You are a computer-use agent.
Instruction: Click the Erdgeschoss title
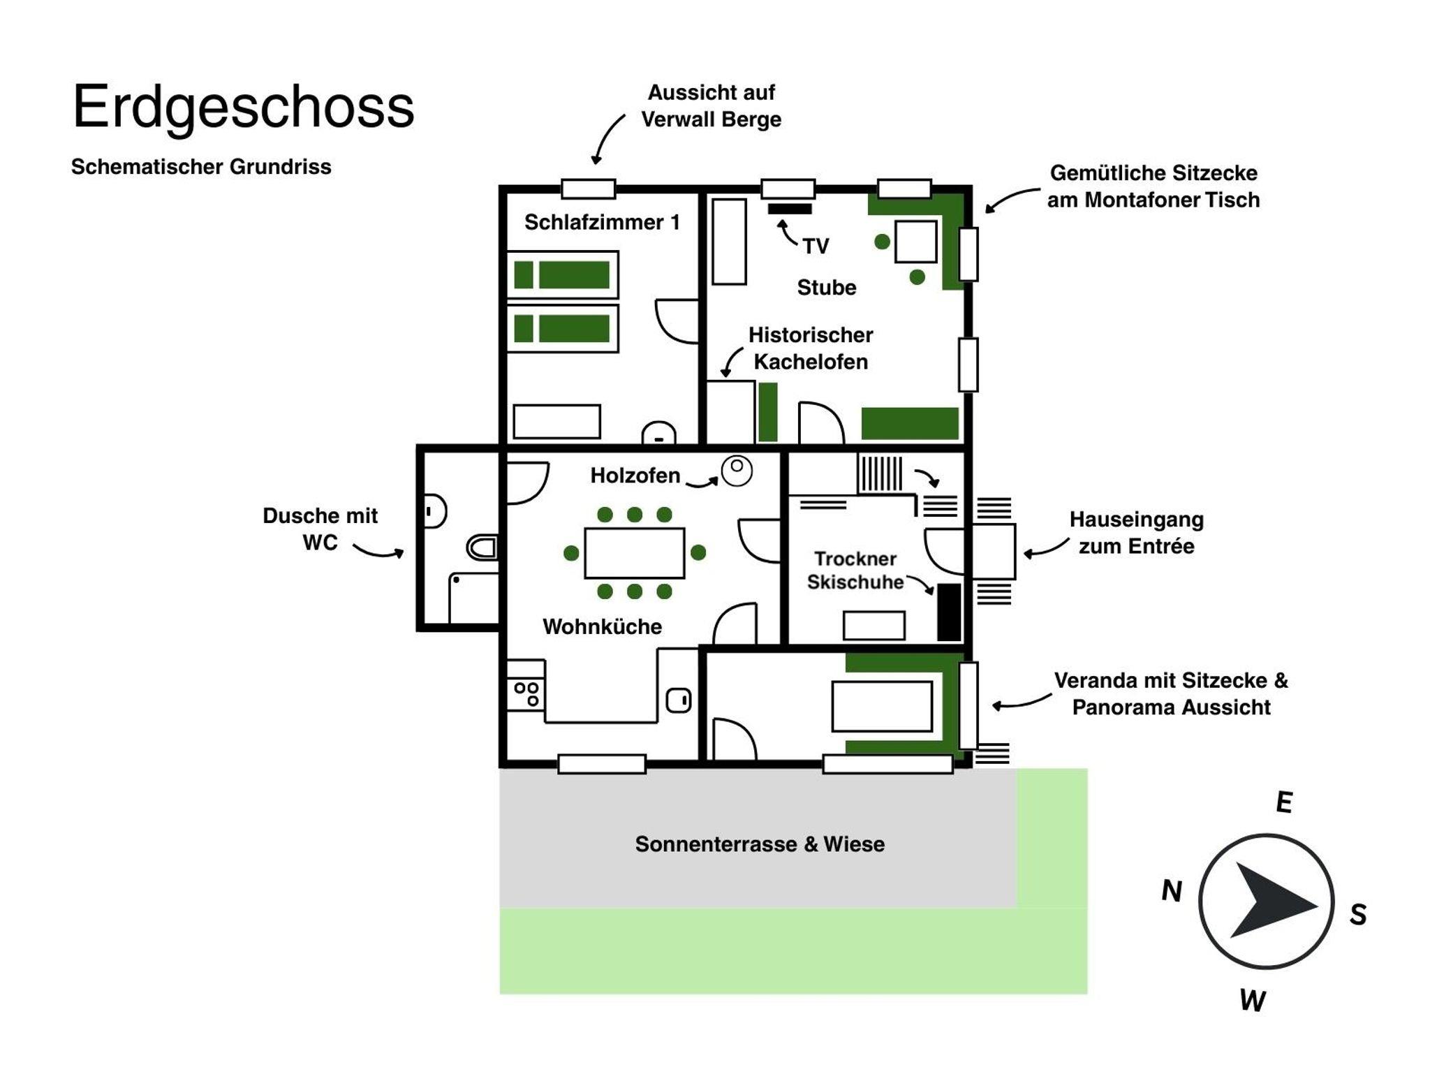(x=243, y=108)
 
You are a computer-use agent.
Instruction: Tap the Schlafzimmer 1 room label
(x=602, y=222)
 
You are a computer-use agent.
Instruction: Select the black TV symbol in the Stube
(x=790, y=208)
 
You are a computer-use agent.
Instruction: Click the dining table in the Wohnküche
(x=634, y=553)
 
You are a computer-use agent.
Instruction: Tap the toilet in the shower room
(x=482, y=548)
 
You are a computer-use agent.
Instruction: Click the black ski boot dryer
(x=948, y=612)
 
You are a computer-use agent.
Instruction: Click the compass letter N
(x=1172, y=891)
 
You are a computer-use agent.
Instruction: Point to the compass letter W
(x=1253, y=1001)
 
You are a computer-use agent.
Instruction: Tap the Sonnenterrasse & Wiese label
(x=760, y=844)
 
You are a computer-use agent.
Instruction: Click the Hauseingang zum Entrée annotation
(x=1136, y=532)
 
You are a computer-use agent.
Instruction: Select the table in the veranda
(x=882, y=707)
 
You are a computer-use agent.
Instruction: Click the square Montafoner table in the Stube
(x=915, y=242)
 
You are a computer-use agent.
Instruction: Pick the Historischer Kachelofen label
(x=811, y=348)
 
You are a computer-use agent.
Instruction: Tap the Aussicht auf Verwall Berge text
(x=711, y=105)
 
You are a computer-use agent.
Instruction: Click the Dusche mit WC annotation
(x=320, y=529)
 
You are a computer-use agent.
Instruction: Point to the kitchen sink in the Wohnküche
(x=678, y=700)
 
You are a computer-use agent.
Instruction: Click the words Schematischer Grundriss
(x=201, y=167)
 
